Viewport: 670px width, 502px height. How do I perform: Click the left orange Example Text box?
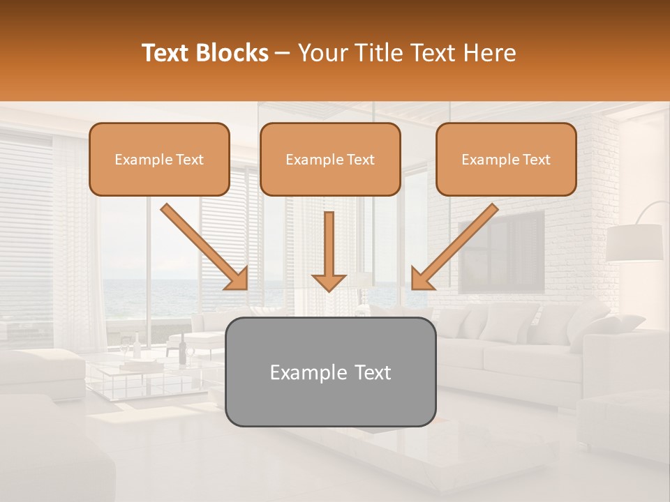click(x=159, y=159)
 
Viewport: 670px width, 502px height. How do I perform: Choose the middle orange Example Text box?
click(x=330, y=159)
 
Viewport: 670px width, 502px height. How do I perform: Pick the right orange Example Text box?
click(x=506, y=159)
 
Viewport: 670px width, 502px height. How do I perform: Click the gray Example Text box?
click(x=331, y=372)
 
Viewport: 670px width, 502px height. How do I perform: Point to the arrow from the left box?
click(x=202, y=245)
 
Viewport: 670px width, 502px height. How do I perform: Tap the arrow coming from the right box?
click(x=456, y=245)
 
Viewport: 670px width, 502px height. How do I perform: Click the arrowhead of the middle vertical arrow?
click(x=329, y=282)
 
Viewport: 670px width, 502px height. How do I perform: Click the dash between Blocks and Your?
click(x=283, y=54)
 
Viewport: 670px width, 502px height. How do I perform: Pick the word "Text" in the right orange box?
click(x=536, y=160)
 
